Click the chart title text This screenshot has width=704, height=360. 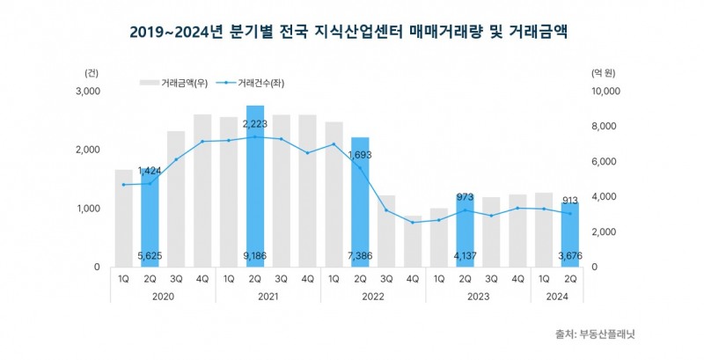pyautogui.click(x=352, y=32)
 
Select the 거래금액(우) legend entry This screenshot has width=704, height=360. pyautogui.click(x=180, y=83)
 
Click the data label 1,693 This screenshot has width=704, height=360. pyautogui.click(x=360, y=156)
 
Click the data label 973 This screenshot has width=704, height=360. pyautogui.click(x=466, y=198)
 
